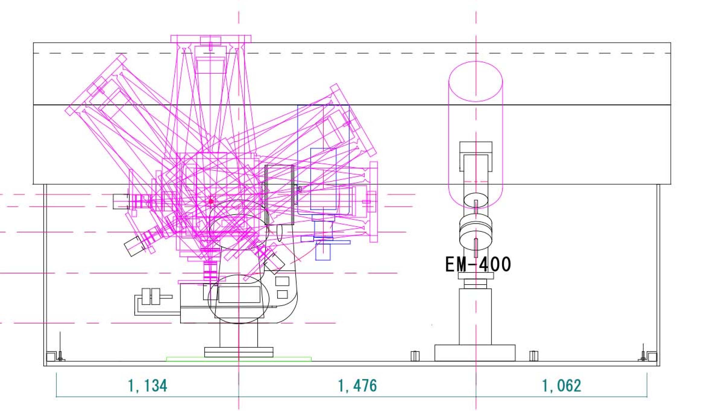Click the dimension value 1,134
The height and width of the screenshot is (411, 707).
147,386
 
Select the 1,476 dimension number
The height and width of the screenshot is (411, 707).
357,386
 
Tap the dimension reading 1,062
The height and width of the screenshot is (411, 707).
561,386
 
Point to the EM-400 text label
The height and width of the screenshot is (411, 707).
478,264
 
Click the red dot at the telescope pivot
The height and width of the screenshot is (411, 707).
211,201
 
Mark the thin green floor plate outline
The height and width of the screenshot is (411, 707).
239,359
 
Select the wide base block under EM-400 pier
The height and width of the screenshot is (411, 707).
475,353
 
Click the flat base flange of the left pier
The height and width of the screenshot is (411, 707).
239,352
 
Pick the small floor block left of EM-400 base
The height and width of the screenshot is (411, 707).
415,356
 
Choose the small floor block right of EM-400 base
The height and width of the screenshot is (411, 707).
534,356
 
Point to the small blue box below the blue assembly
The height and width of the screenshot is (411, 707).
323,252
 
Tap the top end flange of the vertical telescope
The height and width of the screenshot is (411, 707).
211,39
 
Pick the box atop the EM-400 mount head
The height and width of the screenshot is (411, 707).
476,148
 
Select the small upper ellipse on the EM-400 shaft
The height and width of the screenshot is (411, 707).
475,201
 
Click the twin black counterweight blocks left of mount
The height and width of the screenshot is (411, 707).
151,296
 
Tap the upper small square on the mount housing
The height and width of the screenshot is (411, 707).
282,281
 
